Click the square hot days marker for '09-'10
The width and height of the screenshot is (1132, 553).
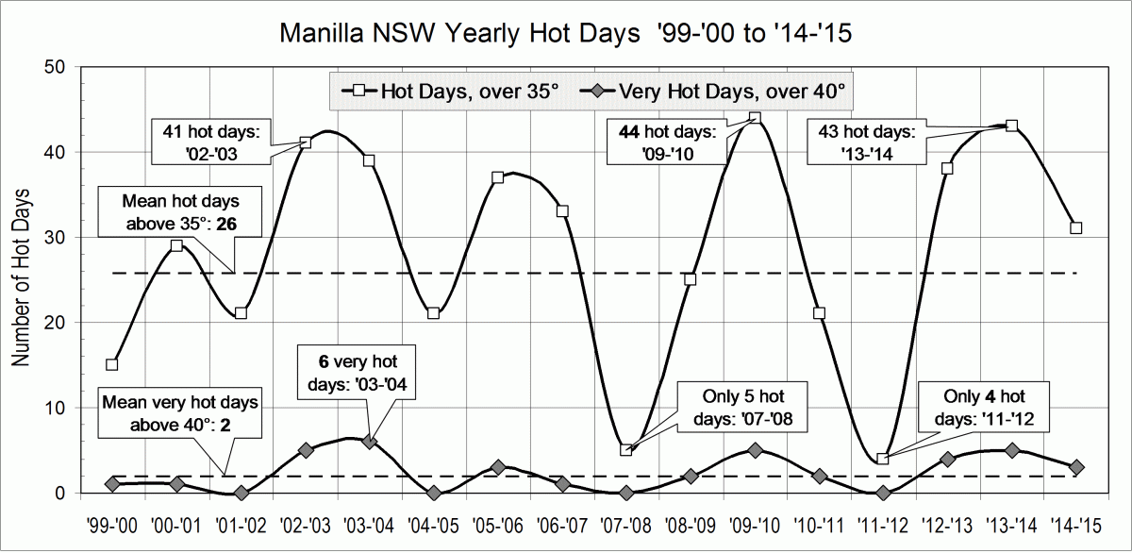(755, 118)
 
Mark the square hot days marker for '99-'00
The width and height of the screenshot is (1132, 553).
(112, 364)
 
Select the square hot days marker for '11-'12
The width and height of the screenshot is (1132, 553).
(883, 459)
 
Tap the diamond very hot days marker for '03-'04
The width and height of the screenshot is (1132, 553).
(369, 442)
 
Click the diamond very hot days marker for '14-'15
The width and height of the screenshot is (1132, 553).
(1075, 467)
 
